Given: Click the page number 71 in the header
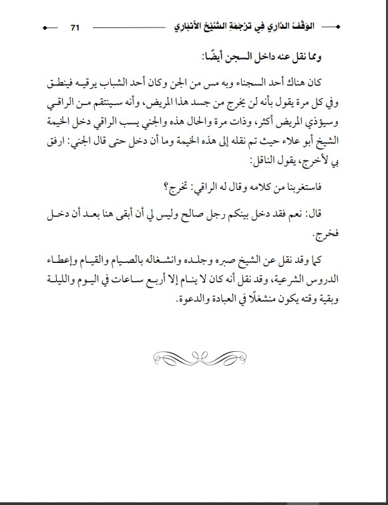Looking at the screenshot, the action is (x=75, y=27).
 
